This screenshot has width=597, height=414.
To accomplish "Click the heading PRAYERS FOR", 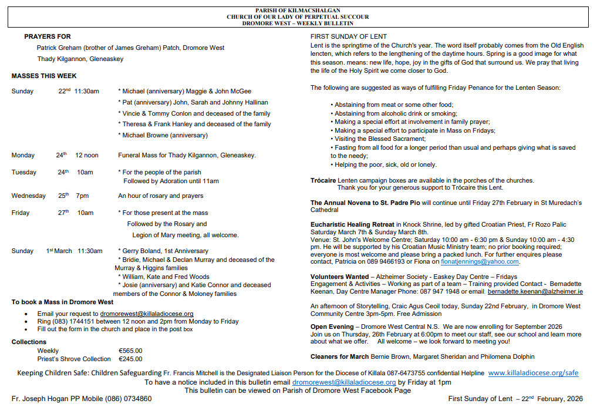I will (x=48, y=36).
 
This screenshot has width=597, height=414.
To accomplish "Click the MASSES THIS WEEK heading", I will (x=44, y=76).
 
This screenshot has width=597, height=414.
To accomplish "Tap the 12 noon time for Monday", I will (x=87, y=156).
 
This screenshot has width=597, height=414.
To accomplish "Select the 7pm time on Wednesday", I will (x=82, y=196).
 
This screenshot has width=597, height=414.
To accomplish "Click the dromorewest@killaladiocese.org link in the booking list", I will (x=147, y=314).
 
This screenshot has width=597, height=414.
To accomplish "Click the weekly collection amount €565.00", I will (x=130, y=351).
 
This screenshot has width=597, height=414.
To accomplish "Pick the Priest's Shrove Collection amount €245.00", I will (x=130, y=359).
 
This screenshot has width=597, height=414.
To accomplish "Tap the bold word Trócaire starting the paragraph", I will (x=323, y=180).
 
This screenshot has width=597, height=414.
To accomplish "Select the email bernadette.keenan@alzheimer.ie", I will (x=535, y=291).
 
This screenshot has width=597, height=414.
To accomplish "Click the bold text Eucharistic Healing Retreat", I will (x=353, y=224).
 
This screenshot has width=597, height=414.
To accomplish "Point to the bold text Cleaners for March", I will (x=340, y=356).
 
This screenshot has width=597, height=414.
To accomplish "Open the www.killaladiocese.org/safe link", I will (x=533, y=373).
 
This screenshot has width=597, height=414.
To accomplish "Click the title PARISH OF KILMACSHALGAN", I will (x=298, y=11).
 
